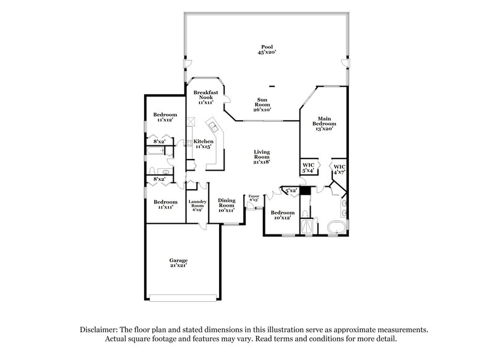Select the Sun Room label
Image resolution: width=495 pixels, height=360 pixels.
[267, 103]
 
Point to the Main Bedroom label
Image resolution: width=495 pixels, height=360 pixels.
[326, 122]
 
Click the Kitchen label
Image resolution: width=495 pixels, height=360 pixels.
[203, 144]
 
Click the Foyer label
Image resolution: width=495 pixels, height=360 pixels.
[254, 198]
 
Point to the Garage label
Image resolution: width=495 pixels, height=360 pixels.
[179, 262]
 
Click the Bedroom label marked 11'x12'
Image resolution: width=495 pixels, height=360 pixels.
[165, 117]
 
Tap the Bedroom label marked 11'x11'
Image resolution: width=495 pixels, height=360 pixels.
[165, 204]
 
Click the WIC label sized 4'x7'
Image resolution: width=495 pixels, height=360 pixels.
[339, 169]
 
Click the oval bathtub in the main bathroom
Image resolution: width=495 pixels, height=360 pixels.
[335, 227]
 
